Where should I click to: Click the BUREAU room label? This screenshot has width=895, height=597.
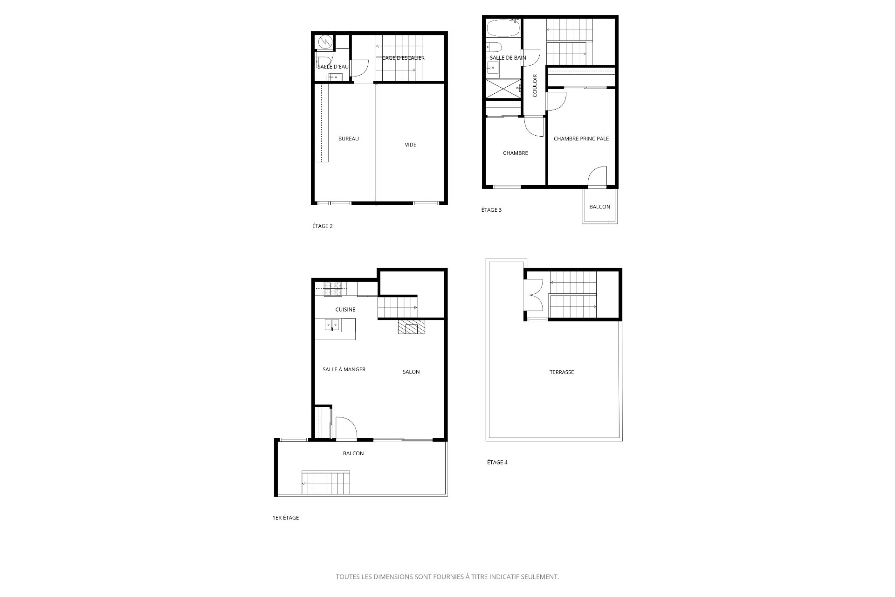(x=349, y=139)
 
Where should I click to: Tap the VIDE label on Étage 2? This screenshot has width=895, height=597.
(x=410, y=145)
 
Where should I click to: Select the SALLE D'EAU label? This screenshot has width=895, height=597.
(x=333, y=67)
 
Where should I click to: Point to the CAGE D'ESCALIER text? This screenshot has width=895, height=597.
(x=403, y=58)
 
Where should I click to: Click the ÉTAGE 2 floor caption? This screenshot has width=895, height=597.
(x=323, y=226)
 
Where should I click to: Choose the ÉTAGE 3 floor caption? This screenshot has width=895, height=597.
(x=491, y=210)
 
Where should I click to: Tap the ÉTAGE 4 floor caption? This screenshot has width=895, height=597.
(x=497, y=462)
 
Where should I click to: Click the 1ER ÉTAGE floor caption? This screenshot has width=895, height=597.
(x=286, y=518)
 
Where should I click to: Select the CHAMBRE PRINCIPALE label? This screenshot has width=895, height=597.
(x=581, y=139)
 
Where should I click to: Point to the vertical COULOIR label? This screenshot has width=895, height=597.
(x=535, y=85)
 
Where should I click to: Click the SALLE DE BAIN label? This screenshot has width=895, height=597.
(x=508, y=58)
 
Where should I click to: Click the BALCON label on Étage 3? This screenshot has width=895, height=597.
(x=599, y=207)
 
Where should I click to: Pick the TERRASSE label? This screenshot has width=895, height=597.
(x=562, y=372)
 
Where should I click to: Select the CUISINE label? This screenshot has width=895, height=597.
(x=345, y=309)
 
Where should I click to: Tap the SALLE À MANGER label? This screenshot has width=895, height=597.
(x=344, y=369)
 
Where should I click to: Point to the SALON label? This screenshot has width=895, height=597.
(x=411, y=372)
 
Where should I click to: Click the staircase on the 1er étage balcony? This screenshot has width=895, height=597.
(x=326, y=483)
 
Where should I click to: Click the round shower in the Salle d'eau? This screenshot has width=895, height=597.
(x=324, y=42)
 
